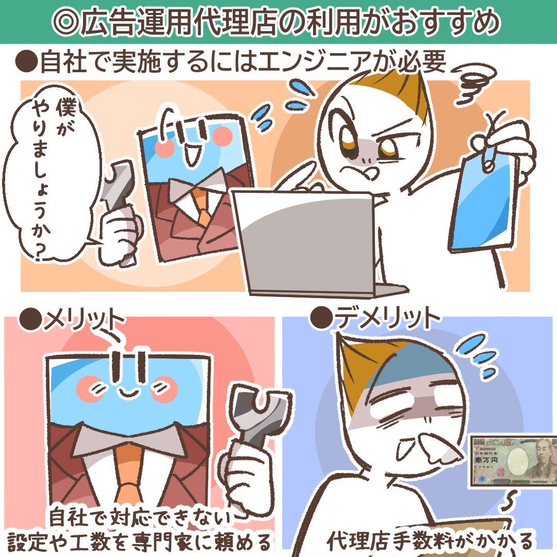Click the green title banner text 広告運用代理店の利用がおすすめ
coord(276,22)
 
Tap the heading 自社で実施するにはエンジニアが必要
coord(231,61)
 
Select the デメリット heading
coord(375,317)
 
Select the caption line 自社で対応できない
coord(140,517)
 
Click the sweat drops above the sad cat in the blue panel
coord(476,355)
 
